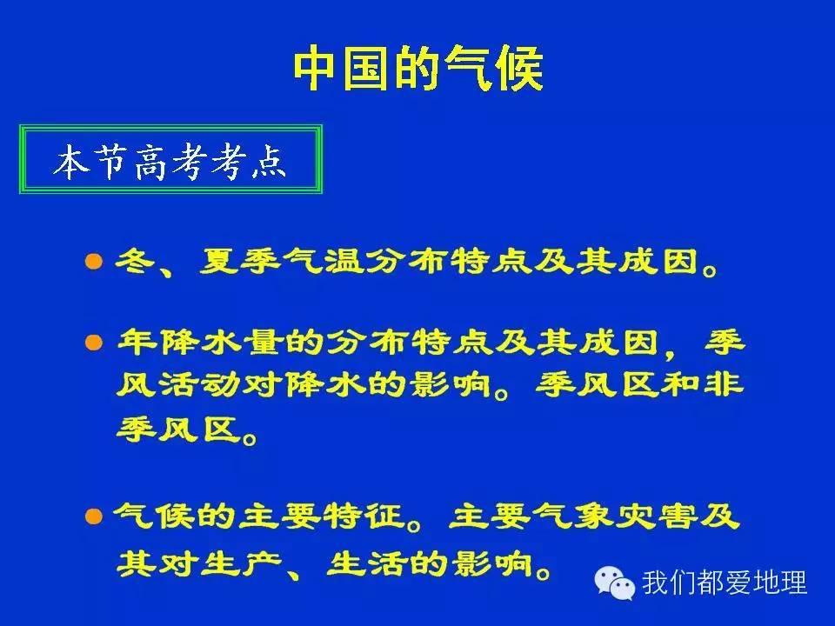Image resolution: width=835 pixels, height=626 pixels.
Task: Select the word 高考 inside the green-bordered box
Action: click(x=171, y=162)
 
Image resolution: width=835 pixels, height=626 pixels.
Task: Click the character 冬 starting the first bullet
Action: click(x=130, y=262)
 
